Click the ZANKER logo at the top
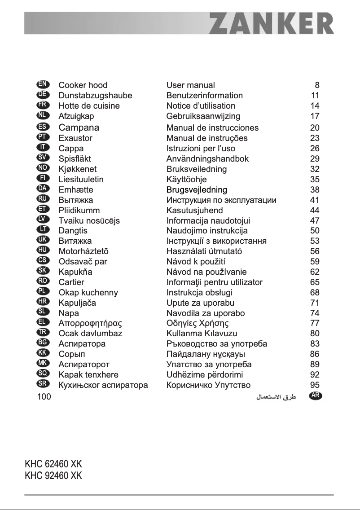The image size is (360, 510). pyautogui.click(x=272, y=24)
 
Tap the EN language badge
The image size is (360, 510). pyautogui.click(x=44, y=84)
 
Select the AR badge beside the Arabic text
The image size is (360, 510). pyautogui.click(x=316, y=396)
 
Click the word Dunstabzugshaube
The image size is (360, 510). pyautogui.click(x=95, y=96)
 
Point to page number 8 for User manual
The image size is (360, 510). pyautogui.click(x=317, y=85)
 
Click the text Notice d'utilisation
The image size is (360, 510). pyautogui.click(x=201, y=106)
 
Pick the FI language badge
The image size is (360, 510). pyautogui.click(x=44, y=178)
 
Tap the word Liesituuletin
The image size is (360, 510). pyautogui.click(x=81, y=179)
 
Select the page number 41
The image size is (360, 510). pyautogui.click(x=315, y=200)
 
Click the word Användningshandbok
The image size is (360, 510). pyautogui.click(x=207, y=158)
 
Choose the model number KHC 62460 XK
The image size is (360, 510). pyautogui.click(x=53, y=464)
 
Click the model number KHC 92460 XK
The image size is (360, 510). pyautogui.click(x=53, y=475)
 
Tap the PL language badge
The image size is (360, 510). pyautogui.click(x=44, y=292)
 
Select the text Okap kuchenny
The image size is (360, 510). pyautogui.click(x=88, y=293)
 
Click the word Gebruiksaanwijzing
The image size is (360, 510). pyautogui.click(x=203, y=116)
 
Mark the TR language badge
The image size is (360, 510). pyautogui.click(x=44, y=333)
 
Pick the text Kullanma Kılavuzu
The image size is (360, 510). pyautogui.click(x=202, y=334)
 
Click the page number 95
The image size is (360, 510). pyautogui.click(x=315, y=385)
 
